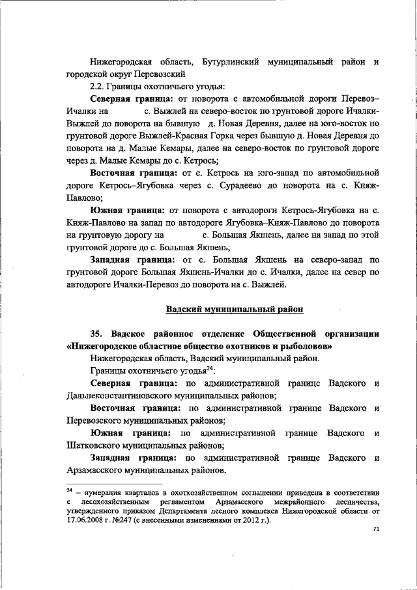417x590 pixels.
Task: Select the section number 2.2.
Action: [x=100, y=86]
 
